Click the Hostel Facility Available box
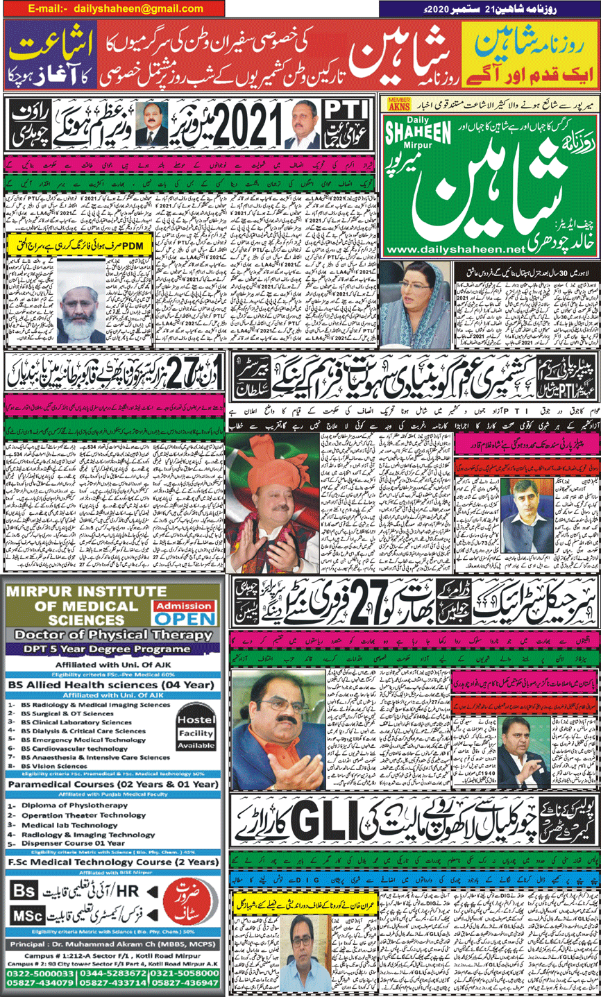(196, 733)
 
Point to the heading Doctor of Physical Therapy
(113, 635)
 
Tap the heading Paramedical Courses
(113, 785)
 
